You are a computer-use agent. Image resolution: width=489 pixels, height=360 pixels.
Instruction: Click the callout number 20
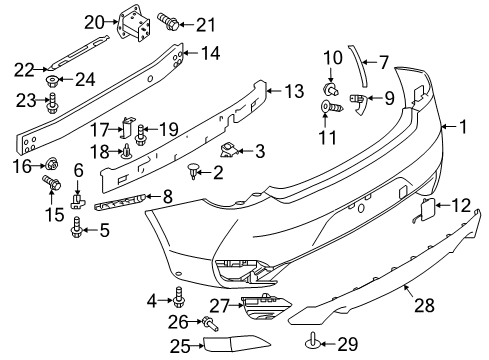94,23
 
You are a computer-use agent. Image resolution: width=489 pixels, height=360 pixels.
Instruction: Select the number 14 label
211,53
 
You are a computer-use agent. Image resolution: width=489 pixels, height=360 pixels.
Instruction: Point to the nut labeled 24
52,80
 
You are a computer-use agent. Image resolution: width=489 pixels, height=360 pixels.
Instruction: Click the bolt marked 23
53,104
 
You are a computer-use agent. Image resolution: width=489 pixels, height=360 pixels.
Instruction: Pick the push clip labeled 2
192,170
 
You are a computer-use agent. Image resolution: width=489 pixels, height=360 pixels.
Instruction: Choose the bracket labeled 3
229,149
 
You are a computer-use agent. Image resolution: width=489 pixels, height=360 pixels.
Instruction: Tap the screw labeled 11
331,107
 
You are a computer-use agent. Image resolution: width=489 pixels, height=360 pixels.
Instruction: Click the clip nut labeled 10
331,89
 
